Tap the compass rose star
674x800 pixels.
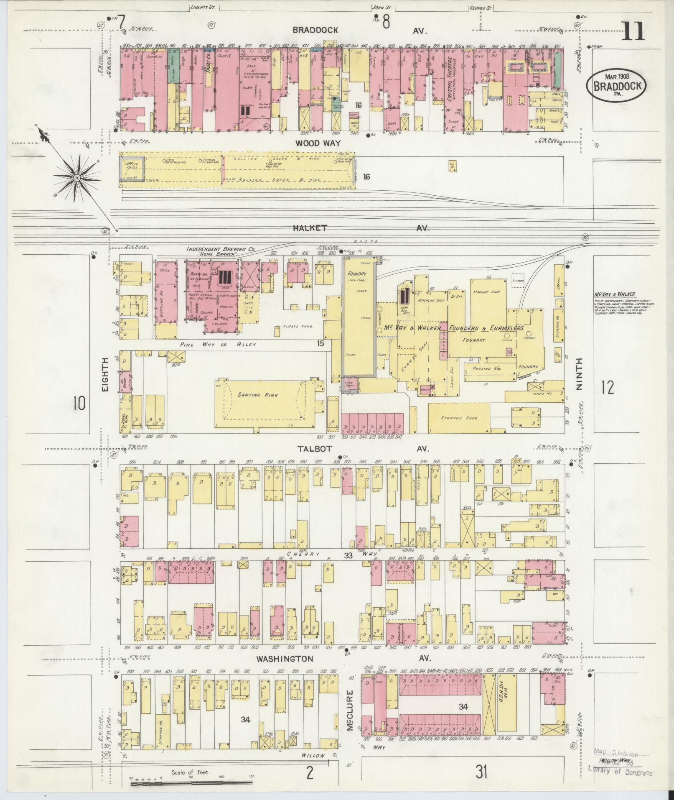[x=77, y=178]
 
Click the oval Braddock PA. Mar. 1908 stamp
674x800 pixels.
[x=616, y=85]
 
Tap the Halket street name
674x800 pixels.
[x=309, y=228]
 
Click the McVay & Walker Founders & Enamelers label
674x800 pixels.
[x=453, y=328]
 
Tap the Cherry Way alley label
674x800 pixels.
[x=309, y=555]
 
